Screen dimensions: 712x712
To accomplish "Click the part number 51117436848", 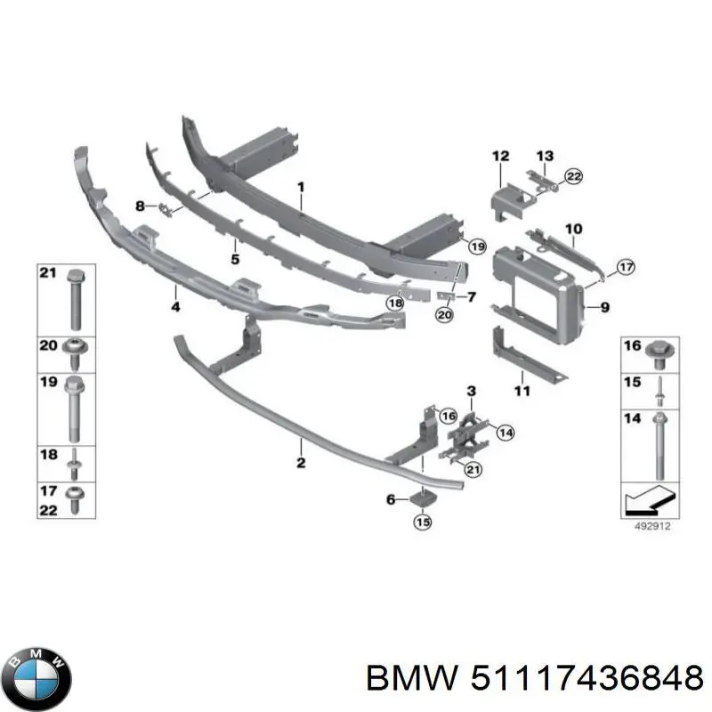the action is click(x=587, y=679).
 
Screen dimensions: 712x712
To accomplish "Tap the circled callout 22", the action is click(x=573, y=176).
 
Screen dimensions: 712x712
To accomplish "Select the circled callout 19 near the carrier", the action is click(x=477, y=247).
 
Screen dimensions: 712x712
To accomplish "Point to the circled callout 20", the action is click(x=443, y=314).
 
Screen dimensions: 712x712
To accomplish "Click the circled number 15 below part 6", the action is click(x=423, y=522).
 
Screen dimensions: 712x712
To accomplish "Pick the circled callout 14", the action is click(x=506, y=433).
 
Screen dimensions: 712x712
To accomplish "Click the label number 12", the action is click(x=500, y=157).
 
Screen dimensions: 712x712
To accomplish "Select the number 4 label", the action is click(x=175, y=307).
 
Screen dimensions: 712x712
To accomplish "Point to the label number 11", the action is click(x=522, y=391).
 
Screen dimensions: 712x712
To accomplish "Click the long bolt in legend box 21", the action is click(x=76, y=300).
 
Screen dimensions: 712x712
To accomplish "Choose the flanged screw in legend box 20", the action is click(x=75, y=354).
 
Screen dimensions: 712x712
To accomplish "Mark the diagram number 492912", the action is click(x=652, y=526).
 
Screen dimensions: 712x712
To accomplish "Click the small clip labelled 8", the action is click(x=165, y=210).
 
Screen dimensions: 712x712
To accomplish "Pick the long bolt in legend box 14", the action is click(x=659, y=447).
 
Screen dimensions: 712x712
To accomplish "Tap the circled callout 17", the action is click(x=626, y=267).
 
